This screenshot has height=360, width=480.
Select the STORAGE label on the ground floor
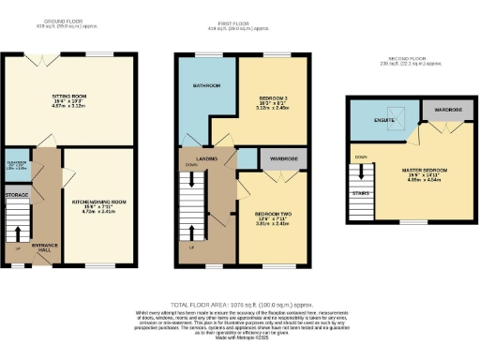tap(17, 195)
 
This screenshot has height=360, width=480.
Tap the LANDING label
tap(209, 158)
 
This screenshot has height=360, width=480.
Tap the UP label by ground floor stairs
tap(20, 251)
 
